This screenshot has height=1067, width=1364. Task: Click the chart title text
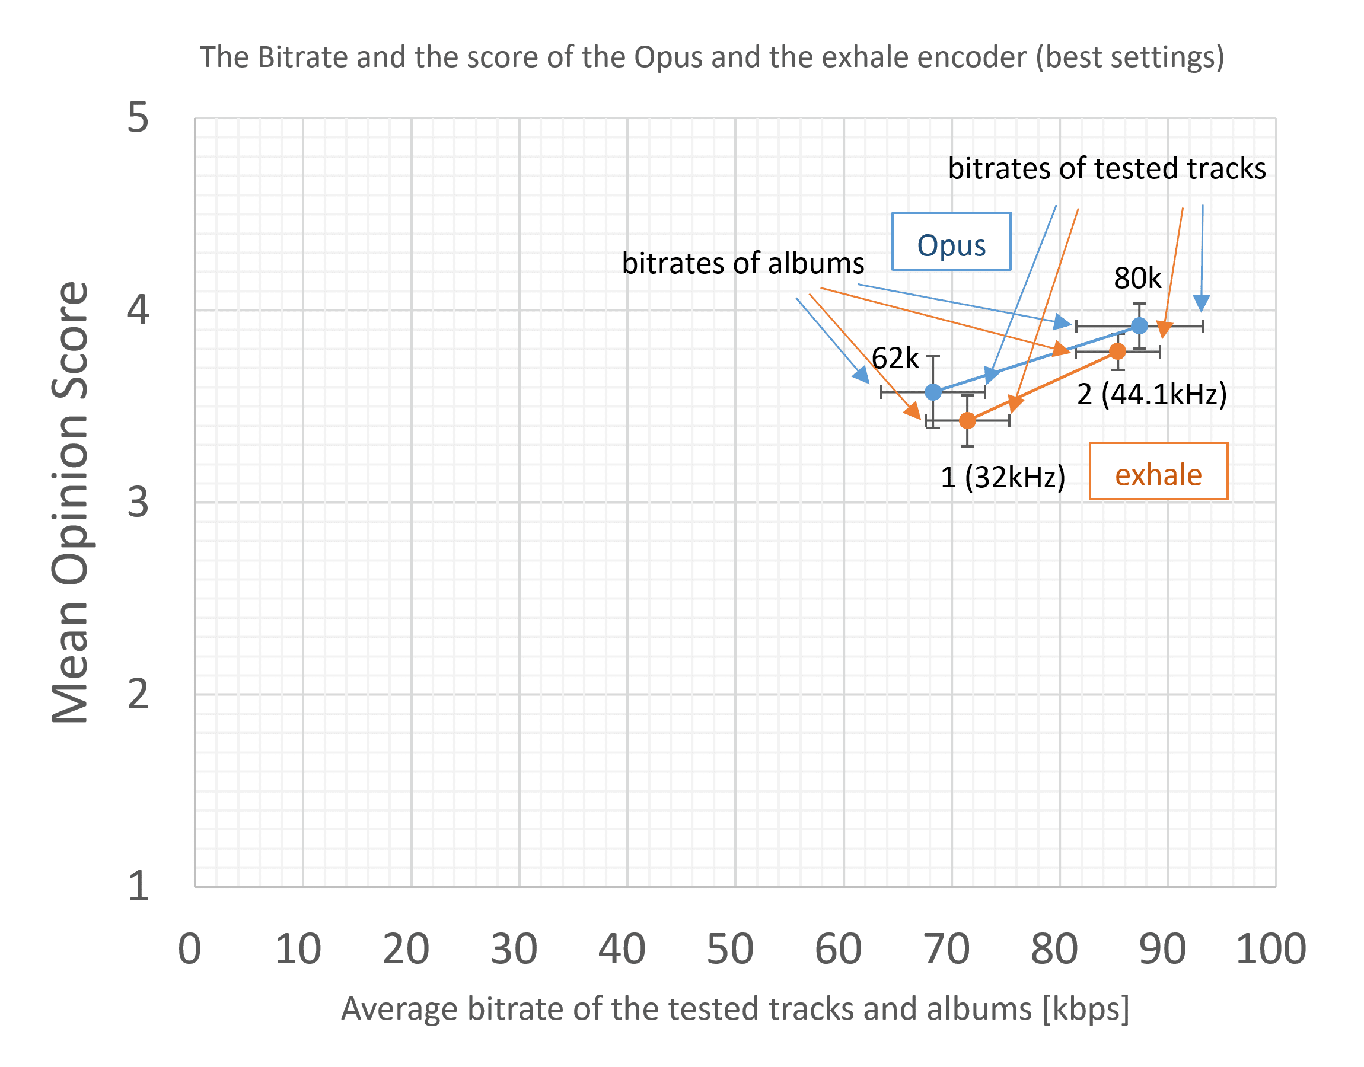tap(712, 57)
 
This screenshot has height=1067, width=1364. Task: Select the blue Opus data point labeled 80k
tap(1140, 325)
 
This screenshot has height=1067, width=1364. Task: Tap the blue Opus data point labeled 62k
tap(933, 392)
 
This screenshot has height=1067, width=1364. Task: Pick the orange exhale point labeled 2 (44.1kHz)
tap(1118, 352)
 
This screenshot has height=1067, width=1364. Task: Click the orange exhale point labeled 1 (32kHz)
tap(967, 420)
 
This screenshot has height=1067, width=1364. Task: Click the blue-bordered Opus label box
tap(951, 242)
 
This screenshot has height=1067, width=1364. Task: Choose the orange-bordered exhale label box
tap(1158, 471)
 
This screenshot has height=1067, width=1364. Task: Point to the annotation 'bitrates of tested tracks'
tap(1107, 169)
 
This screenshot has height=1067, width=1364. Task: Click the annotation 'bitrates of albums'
tap(743, 263)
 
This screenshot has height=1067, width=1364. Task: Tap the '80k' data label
tap(1137, 278)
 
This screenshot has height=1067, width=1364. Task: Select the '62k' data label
tap(895, 358)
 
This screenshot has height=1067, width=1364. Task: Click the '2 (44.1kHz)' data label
tap(1152, 394)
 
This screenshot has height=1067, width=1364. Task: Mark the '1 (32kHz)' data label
tap(1003, 477)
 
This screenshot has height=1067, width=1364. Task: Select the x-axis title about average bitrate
tap(735, 1009)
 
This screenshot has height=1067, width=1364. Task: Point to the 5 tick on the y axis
tap(138, 117)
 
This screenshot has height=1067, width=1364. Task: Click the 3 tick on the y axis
tap(138, 501)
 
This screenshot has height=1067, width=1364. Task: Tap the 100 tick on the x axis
tap(1271, 949)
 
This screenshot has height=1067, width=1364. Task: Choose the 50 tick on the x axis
tap(731, 949)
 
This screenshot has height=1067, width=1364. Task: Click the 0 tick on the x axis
tap(189, 949)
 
